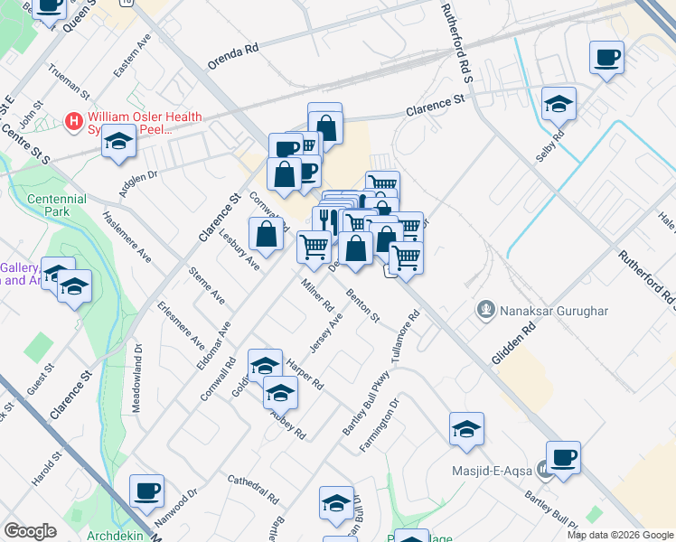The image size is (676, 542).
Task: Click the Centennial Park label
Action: click(57, 205)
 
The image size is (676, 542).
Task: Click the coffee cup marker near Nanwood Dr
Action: click(146, 491)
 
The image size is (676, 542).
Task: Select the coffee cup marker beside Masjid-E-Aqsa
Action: click(563, 457)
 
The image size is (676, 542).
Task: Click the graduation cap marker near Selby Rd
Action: click(559, 104)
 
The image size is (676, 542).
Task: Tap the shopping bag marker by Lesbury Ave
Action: click(268, 234)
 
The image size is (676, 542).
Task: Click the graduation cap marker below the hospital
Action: click(118, 142)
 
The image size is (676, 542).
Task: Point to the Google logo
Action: click(31, 531)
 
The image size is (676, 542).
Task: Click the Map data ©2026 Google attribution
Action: click(620, 535)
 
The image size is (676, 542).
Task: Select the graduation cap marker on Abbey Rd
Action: click(280, 393)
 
